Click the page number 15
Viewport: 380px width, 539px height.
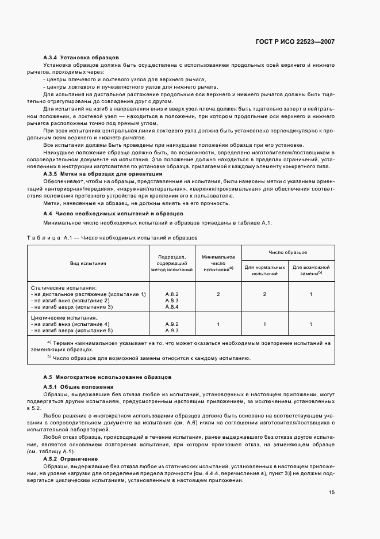coord(332,492)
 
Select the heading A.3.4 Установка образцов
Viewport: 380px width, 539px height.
coord(80,58)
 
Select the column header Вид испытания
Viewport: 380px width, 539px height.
coord(87,263)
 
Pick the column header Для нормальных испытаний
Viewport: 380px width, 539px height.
coord(264,271)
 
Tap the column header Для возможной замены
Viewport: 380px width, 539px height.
coord(311,271)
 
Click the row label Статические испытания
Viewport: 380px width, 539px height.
coord(64,287)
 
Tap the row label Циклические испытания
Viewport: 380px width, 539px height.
coord(65,317)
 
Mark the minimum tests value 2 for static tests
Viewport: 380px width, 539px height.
coord(218,294)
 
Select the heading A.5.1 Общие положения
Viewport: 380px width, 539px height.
coord(78,386)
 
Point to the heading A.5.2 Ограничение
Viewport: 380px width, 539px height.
coord(74,458)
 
